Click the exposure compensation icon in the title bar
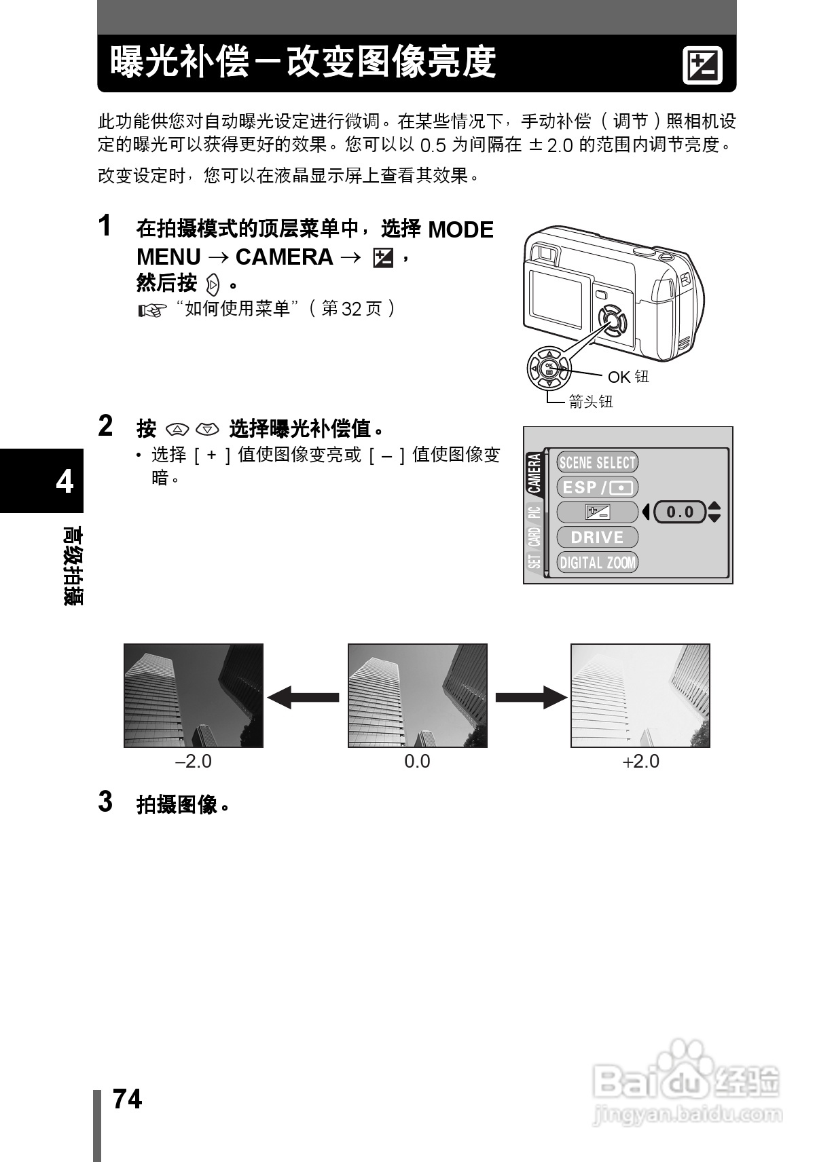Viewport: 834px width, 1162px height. click(x=702, y=67)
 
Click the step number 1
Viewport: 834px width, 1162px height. click(x=105, y=225)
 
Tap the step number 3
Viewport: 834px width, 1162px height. click(x=105, y=802)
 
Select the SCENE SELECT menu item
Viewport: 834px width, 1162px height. click(x=597, y=463)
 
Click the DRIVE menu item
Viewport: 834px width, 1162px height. click(x=597, y=537)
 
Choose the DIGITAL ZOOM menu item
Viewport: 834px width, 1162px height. click(x=597, y=562)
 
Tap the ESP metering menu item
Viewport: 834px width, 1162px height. click(x=597, y=487)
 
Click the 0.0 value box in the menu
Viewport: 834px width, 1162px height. click(x=680, y=512)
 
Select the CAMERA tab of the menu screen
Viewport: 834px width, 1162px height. click(x=535, y=473)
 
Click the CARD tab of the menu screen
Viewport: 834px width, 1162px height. click(x=535, y=537)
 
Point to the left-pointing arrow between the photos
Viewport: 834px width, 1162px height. click(x=303, y=697)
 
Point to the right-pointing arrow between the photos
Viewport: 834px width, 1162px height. click(x=531, y=697)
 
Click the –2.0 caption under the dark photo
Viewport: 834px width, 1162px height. click(x=194, y=762)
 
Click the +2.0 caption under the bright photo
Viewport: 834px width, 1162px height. click(x=641, y=762)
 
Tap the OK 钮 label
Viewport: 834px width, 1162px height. click(x=628, y=377)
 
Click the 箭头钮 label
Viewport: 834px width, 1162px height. click(x=591, y=402)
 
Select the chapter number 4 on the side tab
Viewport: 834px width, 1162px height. click(x=65, y=482)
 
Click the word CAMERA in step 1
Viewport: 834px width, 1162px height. click(x=284, y=257)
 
